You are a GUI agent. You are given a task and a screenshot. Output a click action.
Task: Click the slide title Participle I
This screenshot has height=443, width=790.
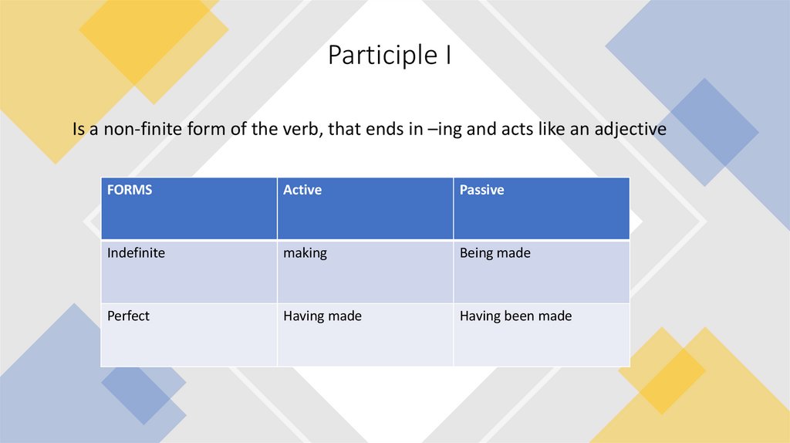(x=389, y=56)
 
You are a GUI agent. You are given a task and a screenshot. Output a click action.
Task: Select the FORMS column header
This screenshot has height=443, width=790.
(x=130, y=190)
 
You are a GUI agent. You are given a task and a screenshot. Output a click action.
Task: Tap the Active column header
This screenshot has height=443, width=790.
(x=302, y=190)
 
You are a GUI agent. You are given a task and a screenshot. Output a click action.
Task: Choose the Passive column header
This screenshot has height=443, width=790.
(x=481, y=190)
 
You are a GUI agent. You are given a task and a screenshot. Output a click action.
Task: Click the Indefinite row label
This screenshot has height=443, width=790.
(x=136, y=253)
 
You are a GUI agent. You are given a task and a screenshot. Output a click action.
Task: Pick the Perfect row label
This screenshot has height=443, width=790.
(x=128, y=316)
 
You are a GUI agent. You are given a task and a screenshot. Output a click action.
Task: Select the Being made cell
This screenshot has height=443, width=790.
(x=495, y=253)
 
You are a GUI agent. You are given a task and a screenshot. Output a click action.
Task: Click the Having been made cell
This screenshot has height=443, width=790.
(x=515, y=316)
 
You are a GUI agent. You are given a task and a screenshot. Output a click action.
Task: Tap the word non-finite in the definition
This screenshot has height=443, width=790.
(x=141, y=130)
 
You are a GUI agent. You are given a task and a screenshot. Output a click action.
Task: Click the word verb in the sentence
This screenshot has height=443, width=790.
(x=296, y=130)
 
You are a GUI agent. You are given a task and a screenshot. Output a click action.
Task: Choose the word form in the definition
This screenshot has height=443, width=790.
(x=206, y=130)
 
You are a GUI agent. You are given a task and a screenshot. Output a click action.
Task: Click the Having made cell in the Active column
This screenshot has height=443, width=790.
(x=322, y=316)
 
